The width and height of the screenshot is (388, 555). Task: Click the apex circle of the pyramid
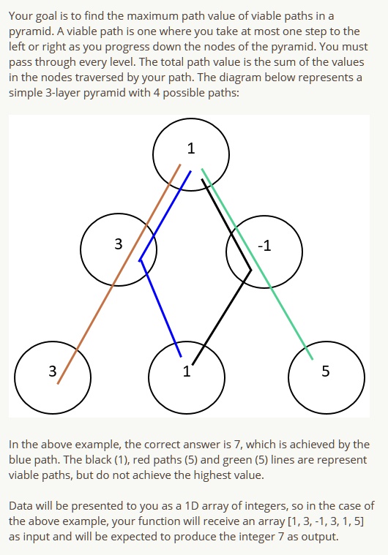click(x=191, y=153)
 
